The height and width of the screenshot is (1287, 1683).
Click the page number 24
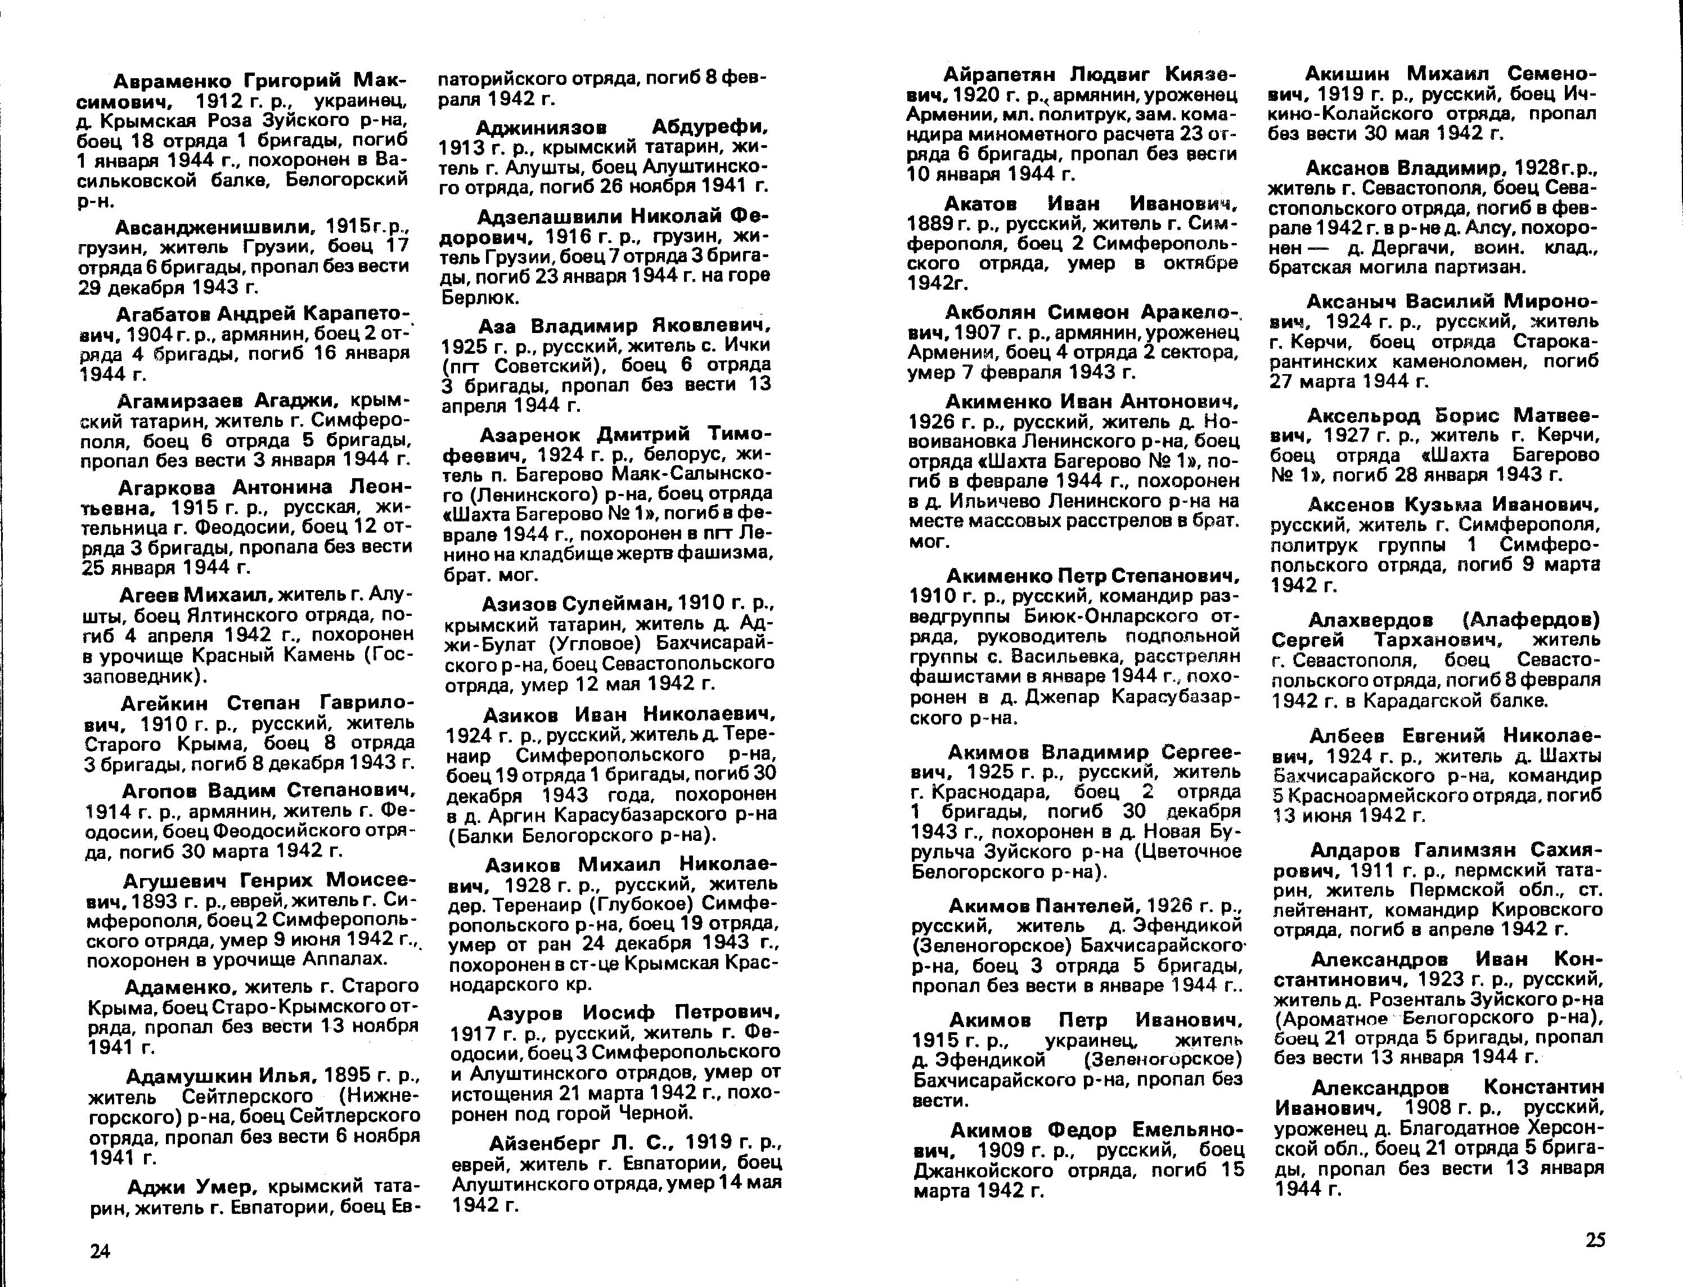[100, 1251]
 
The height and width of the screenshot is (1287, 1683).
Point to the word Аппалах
[348, 959]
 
